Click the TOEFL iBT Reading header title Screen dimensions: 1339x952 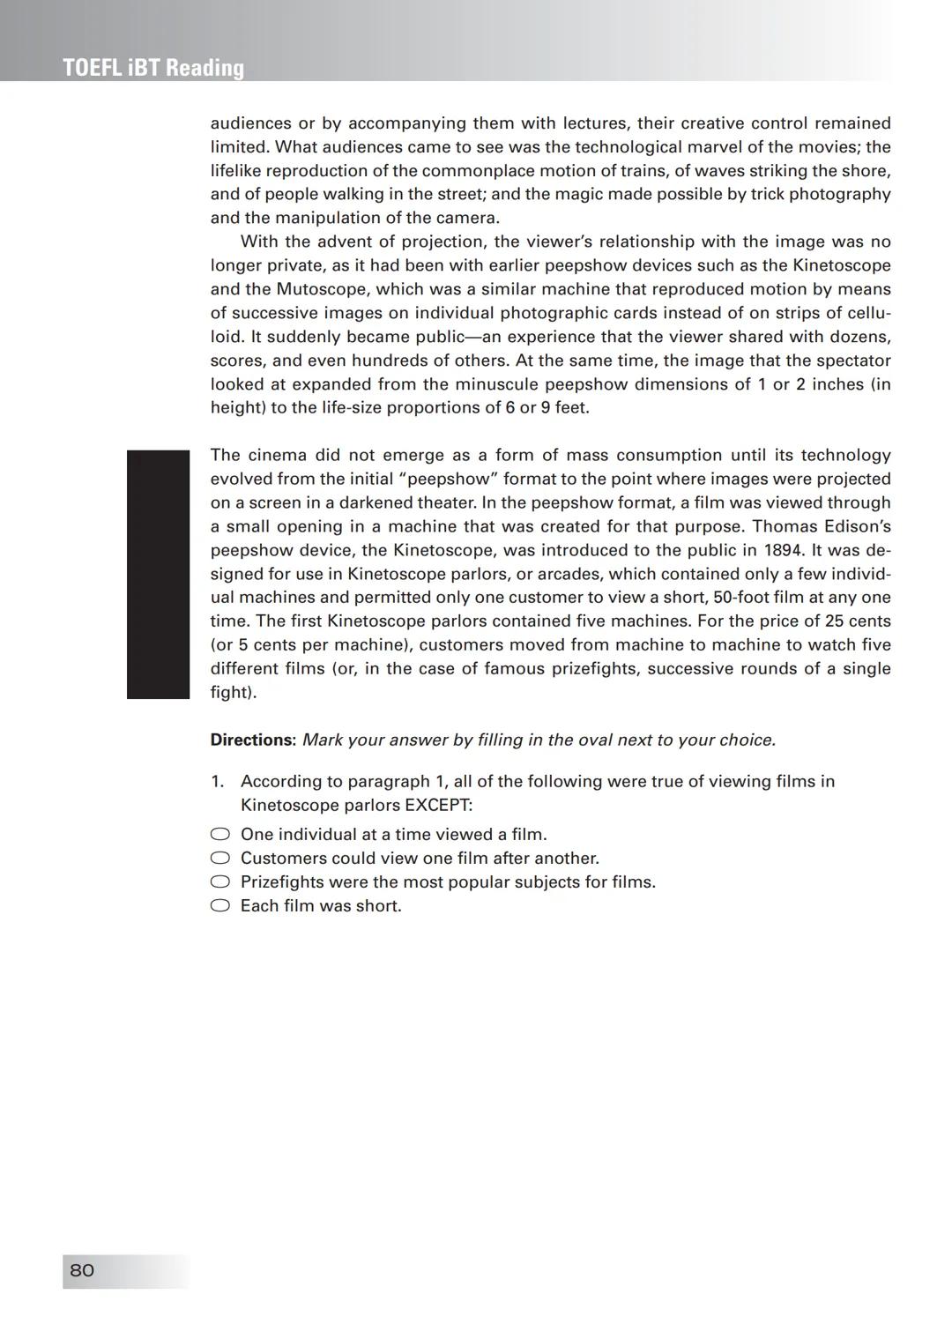(x=153, y=68)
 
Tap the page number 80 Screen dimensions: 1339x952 (x=82, y=1270)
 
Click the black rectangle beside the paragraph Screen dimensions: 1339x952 (x=158, y=574)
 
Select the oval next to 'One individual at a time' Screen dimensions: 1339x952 (x=220, y=834)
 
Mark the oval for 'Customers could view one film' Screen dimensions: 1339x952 (x=220, y=858)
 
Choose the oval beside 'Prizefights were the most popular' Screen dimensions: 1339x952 (x=220, y=882)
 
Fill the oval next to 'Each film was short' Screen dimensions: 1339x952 (x=220, y=905)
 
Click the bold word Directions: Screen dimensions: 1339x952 (x=253, y=740)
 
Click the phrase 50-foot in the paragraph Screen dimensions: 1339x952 (x=740, y=597)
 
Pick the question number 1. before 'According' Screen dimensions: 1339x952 (x=218, y=781)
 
